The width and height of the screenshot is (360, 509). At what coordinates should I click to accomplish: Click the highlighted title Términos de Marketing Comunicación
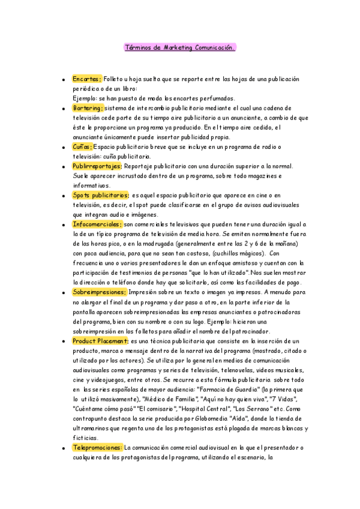click(x=179, y=47)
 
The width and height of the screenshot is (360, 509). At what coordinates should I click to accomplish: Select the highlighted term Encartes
click(x=87, y=79)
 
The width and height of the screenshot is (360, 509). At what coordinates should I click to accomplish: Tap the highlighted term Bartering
click(x=88, y=108)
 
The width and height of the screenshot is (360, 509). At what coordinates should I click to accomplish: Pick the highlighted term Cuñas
click(x=82, y=146)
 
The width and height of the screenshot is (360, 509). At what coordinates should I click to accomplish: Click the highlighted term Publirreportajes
click(x=97, y=166)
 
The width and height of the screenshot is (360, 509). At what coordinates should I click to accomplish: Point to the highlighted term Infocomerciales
click(x=97, y=224)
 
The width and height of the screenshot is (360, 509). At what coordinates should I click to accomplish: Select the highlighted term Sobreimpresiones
click(x=99, y=292)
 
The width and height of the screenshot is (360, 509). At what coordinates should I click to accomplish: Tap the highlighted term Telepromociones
click(x=97, y=447)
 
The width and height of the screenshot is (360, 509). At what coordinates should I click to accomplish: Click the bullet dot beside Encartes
click(x=63, y=79)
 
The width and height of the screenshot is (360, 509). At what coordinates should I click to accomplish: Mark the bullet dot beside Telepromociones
click(x=63, y=447)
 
